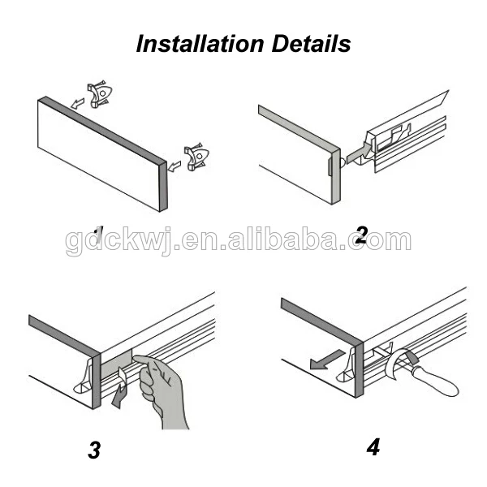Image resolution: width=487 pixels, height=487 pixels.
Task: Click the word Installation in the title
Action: pos(200,44)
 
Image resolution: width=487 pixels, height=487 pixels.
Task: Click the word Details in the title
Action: pos(312,44)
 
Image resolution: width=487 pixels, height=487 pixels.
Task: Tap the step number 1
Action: pos(98,235)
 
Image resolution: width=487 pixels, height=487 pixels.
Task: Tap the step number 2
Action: pos(362,235)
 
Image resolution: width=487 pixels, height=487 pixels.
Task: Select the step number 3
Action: pos(94,450)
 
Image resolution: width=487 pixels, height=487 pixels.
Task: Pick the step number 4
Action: pos(373,447)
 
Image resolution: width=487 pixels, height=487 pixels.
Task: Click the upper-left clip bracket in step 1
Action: pos(99,94)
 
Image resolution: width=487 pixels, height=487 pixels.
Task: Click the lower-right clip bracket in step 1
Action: pos(196,157)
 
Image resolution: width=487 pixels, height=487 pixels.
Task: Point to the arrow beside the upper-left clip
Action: pos(78,103)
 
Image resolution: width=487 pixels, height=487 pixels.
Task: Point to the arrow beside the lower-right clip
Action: pos(175,166)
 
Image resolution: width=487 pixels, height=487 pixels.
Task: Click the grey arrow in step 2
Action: pos(359,153)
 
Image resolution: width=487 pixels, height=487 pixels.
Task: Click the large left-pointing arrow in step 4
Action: pos(327,360)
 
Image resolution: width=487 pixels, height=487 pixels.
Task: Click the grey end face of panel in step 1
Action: pos(163,187)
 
